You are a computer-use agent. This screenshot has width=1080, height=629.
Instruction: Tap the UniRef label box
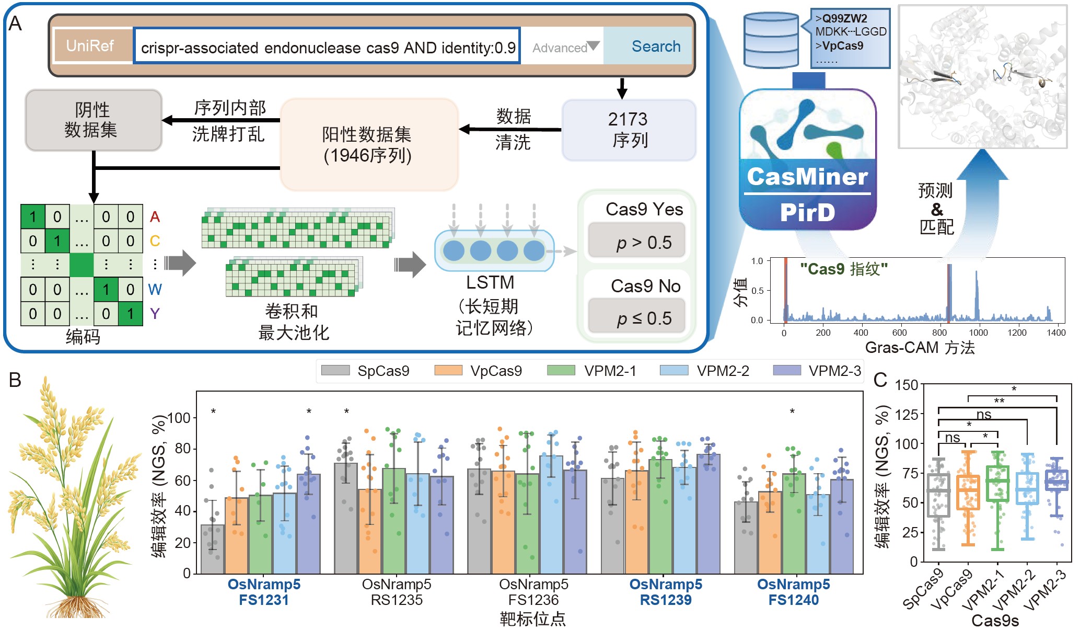point(90,46)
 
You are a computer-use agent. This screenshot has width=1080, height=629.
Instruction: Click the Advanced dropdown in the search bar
point(565,48)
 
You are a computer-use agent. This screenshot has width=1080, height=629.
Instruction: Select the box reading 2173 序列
point(629,130)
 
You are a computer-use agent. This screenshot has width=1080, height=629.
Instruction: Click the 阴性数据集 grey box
point(93,120)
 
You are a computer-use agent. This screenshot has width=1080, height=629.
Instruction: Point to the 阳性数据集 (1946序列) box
point(368,145)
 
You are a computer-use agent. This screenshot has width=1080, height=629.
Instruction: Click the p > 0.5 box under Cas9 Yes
point(636,242)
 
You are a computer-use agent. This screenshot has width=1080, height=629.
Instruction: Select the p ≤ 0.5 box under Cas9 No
point(636,317)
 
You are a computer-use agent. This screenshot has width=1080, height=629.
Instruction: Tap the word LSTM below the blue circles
point(490,282)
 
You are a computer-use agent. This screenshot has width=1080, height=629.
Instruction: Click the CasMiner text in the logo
point(807,177)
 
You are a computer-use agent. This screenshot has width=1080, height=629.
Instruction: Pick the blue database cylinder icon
point(771,40)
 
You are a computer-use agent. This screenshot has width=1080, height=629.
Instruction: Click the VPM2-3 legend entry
point(817,371)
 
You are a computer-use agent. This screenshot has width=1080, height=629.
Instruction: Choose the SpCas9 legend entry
point(366,371)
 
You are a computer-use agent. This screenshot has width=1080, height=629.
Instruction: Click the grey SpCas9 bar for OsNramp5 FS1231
point(213,549)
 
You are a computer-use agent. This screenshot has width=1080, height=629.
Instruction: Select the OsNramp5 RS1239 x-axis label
point(665,592)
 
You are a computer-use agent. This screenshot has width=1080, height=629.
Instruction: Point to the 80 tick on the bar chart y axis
point(183,449)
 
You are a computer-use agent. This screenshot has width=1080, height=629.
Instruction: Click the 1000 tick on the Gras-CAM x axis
point(978,333)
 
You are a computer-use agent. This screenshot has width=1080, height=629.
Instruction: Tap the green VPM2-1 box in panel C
point(997,484)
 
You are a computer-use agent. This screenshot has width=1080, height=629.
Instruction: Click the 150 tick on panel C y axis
point(907,385)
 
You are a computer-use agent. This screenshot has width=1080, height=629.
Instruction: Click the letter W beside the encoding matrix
point(155,289)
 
